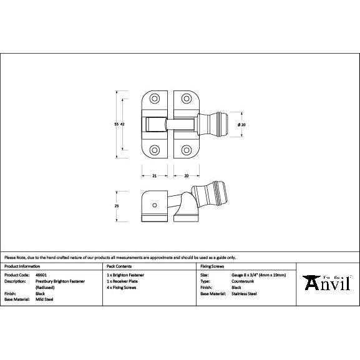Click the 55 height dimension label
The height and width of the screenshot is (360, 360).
pyautogui.click(x=116, y=125)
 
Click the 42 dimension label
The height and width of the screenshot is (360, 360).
pyautogui.click(x=122, y=125)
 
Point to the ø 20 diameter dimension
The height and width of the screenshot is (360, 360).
pyautogui.click(x=242, y=125)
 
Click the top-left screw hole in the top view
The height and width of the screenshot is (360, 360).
pyautogui.click(x=154, y=99)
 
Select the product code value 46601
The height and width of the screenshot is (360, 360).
pyautogui.click(x=41, y=275)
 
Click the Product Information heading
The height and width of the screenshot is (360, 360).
pyautogui.click(x=21, y=266)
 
